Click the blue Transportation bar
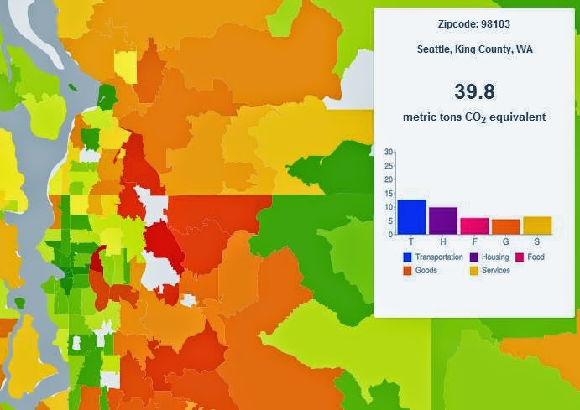411,217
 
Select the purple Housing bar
443,221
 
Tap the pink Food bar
474,226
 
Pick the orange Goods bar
505,227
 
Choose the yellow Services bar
537,226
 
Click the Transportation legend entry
431,257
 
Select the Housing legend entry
489,257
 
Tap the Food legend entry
530,257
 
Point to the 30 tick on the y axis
388,152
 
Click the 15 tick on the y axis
388,193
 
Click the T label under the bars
411,242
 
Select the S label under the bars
537,242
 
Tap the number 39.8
475,92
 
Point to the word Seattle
435,49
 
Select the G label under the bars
505,242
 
